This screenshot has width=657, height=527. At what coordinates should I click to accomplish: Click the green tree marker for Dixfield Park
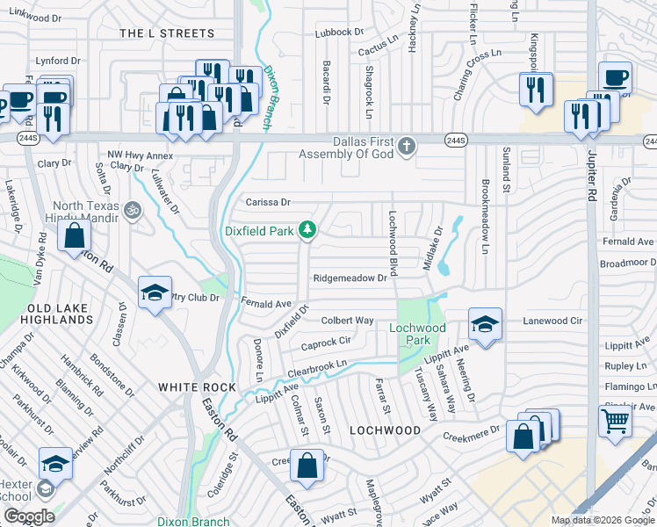point(307,230)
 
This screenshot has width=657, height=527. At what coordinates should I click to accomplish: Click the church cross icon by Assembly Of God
point(406,146)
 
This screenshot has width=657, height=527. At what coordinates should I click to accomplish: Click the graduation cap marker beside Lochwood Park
point(484,324)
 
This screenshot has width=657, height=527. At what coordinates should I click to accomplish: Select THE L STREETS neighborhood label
point(166,33)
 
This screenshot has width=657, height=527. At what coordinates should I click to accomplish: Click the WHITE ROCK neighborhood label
point(197,387)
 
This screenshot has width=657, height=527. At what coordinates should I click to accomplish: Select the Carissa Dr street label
point(267,202)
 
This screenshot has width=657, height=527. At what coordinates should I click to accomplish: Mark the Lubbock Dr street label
point(339,32)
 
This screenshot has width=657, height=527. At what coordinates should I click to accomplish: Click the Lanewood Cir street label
point(553,321)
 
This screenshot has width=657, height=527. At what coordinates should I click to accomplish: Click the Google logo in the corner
point(29,516)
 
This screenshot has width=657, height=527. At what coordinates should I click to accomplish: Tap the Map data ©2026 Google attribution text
point(603,520)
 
